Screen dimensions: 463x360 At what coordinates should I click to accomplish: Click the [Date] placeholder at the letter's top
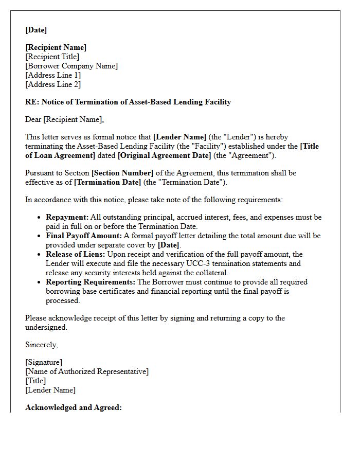[36, 30]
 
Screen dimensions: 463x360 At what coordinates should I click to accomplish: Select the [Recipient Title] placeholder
[52, 57]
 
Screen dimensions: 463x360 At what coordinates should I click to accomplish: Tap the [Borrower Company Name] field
[71, 66]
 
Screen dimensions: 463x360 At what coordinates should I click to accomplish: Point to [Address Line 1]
[53, 75]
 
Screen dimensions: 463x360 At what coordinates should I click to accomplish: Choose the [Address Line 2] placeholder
[53, 84]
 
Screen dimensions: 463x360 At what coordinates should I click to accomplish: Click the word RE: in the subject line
[32, 102]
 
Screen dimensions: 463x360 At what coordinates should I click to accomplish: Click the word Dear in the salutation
[33, 119]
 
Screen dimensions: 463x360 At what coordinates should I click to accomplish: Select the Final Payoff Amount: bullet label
[83, 236]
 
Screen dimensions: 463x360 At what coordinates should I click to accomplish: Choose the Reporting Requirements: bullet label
[91, 282]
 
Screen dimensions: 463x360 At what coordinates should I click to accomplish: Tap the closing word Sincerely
[42, 345]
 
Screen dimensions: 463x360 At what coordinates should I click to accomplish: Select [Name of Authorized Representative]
[87, 371]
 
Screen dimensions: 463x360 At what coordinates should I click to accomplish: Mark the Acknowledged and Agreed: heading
[74, 407]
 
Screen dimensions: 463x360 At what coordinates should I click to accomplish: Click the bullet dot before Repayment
[39, 218]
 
